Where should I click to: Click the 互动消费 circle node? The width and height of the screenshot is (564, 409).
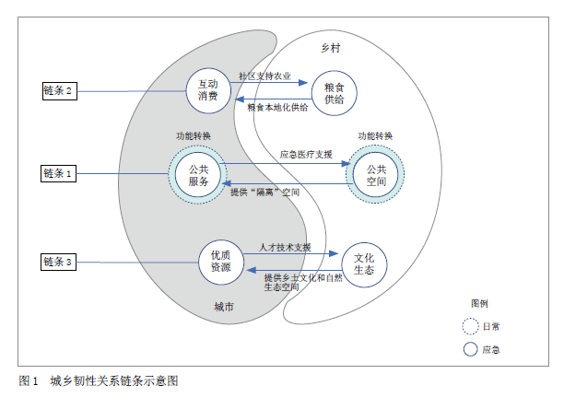207,88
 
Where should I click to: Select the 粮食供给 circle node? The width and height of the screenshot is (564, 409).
335,92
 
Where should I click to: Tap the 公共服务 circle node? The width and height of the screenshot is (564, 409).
199,174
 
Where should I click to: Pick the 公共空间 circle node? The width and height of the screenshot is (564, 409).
375,174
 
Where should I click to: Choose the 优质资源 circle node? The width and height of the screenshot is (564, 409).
220,261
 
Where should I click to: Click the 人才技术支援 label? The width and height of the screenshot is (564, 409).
285,248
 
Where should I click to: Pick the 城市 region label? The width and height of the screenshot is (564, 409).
224,307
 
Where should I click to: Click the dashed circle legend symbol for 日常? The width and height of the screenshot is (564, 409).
471,325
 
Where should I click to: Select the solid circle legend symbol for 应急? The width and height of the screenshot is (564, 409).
471,349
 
